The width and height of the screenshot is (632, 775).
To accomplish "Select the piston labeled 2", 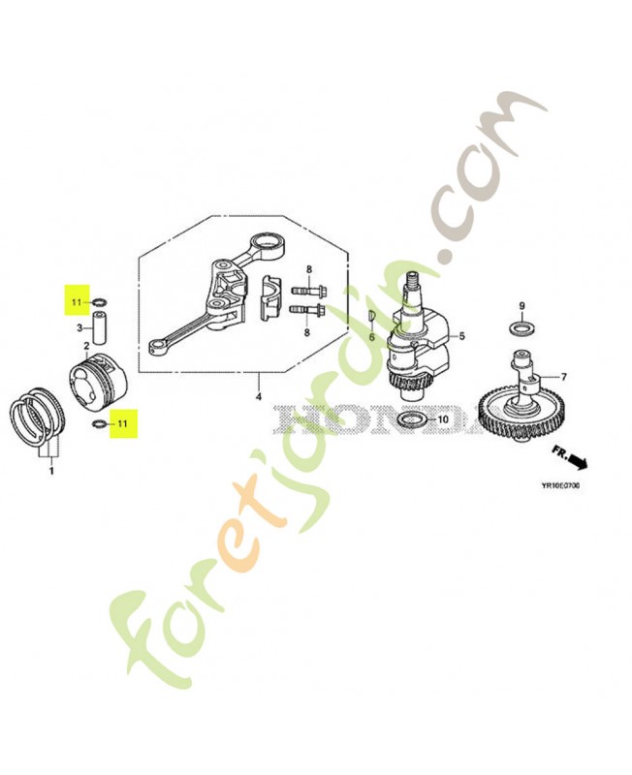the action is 98,381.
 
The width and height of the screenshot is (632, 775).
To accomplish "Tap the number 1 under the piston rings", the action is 51,471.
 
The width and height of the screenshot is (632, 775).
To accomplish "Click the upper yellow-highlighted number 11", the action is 76,301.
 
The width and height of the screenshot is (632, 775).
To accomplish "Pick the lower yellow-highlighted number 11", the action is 122,423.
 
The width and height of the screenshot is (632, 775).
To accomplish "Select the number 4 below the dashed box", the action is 258,396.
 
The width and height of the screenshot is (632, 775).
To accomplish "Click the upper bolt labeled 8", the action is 308,290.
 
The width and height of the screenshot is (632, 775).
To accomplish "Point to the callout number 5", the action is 462,336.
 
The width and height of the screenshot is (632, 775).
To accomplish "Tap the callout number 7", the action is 565,377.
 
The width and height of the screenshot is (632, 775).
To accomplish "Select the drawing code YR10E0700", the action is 560,485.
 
